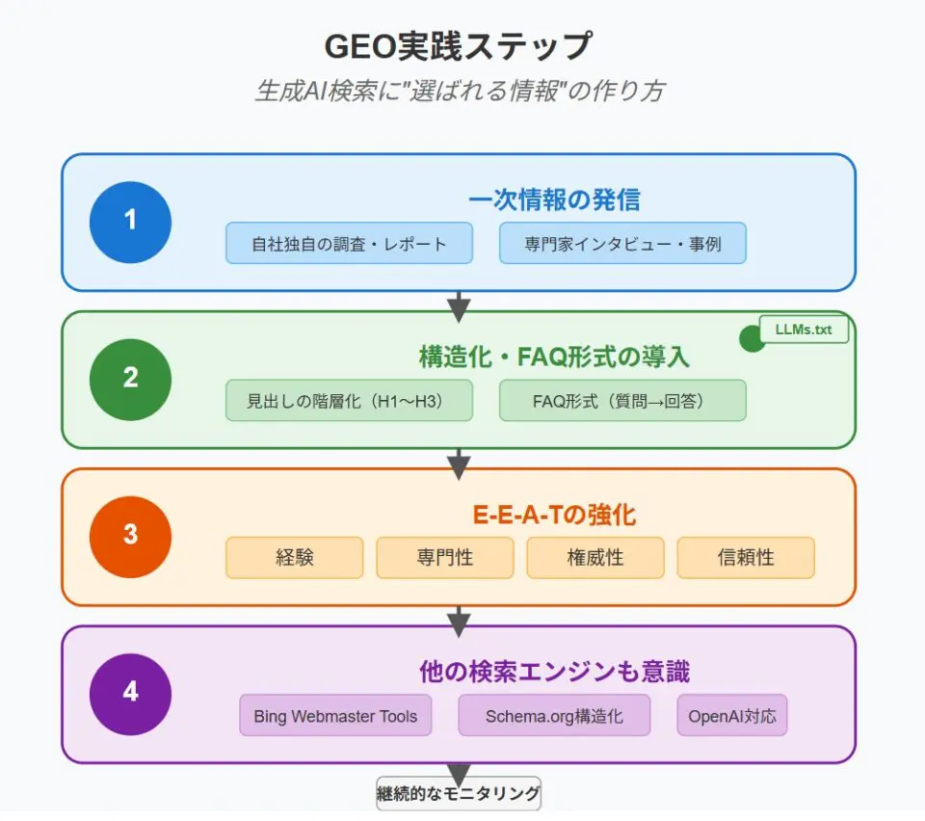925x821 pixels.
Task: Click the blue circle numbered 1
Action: point(130,222)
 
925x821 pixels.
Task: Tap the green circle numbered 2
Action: point(130,379)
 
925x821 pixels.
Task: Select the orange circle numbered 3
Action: point(130,537)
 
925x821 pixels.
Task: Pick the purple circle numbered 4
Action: point(130,694)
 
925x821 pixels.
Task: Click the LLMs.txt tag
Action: point(804,330)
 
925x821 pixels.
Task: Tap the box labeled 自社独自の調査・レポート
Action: point(349,243)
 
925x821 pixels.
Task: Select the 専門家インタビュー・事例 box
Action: point(622,243)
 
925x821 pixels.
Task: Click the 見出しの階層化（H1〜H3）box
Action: point(349,401)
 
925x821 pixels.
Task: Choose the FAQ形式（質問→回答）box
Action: point(622,401)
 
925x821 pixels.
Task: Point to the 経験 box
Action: point(294,557)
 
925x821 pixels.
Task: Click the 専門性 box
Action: point(444,557)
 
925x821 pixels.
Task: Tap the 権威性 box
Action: point(595,557)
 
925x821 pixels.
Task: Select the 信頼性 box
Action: point(745,557)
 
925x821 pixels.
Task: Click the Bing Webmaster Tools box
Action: point(335,715)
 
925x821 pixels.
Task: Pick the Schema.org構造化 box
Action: point(554,715)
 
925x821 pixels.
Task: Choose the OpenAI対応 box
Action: point(731,715)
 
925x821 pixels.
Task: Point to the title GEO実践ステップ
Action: point(459,46)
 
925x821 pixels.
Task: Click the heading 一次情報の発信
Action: point(554,199)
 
